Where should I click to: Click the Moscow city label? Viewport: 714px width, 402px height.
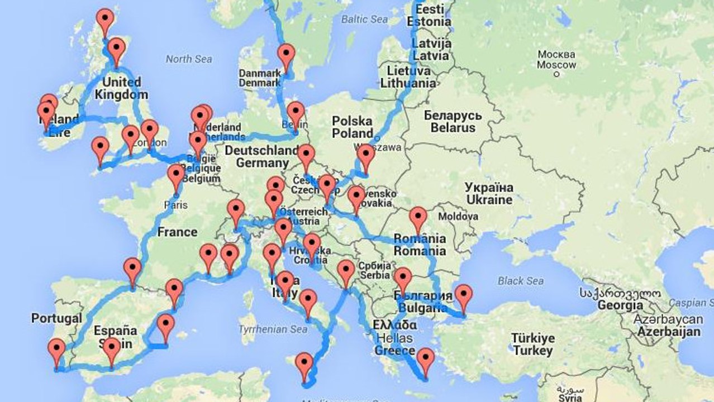pyautogui.click(x=556, y=60)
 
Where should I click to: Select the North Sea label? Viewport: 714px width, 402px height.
pyautogui.click(x=189, y=59)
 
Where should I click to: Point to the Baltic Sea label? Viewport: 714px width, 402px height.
pyautogui.click(x=364, y=19)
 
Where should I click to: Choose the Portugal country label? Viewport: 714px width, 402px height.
pyautogui.click(x=56, y=318)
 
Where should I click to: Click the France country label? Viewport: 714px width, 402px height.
pyautogui.click(x=177, y=232)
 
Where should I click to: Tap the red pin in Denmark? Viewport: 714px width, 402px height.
pyautogui.click(x=287, y=55)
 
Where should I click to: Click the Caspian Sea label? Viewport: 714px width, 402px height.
pyautogui.click(x=693, y=303)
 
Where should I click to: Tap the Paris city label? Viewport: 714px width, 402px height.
pyautogui.click(x=175, y=205)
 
